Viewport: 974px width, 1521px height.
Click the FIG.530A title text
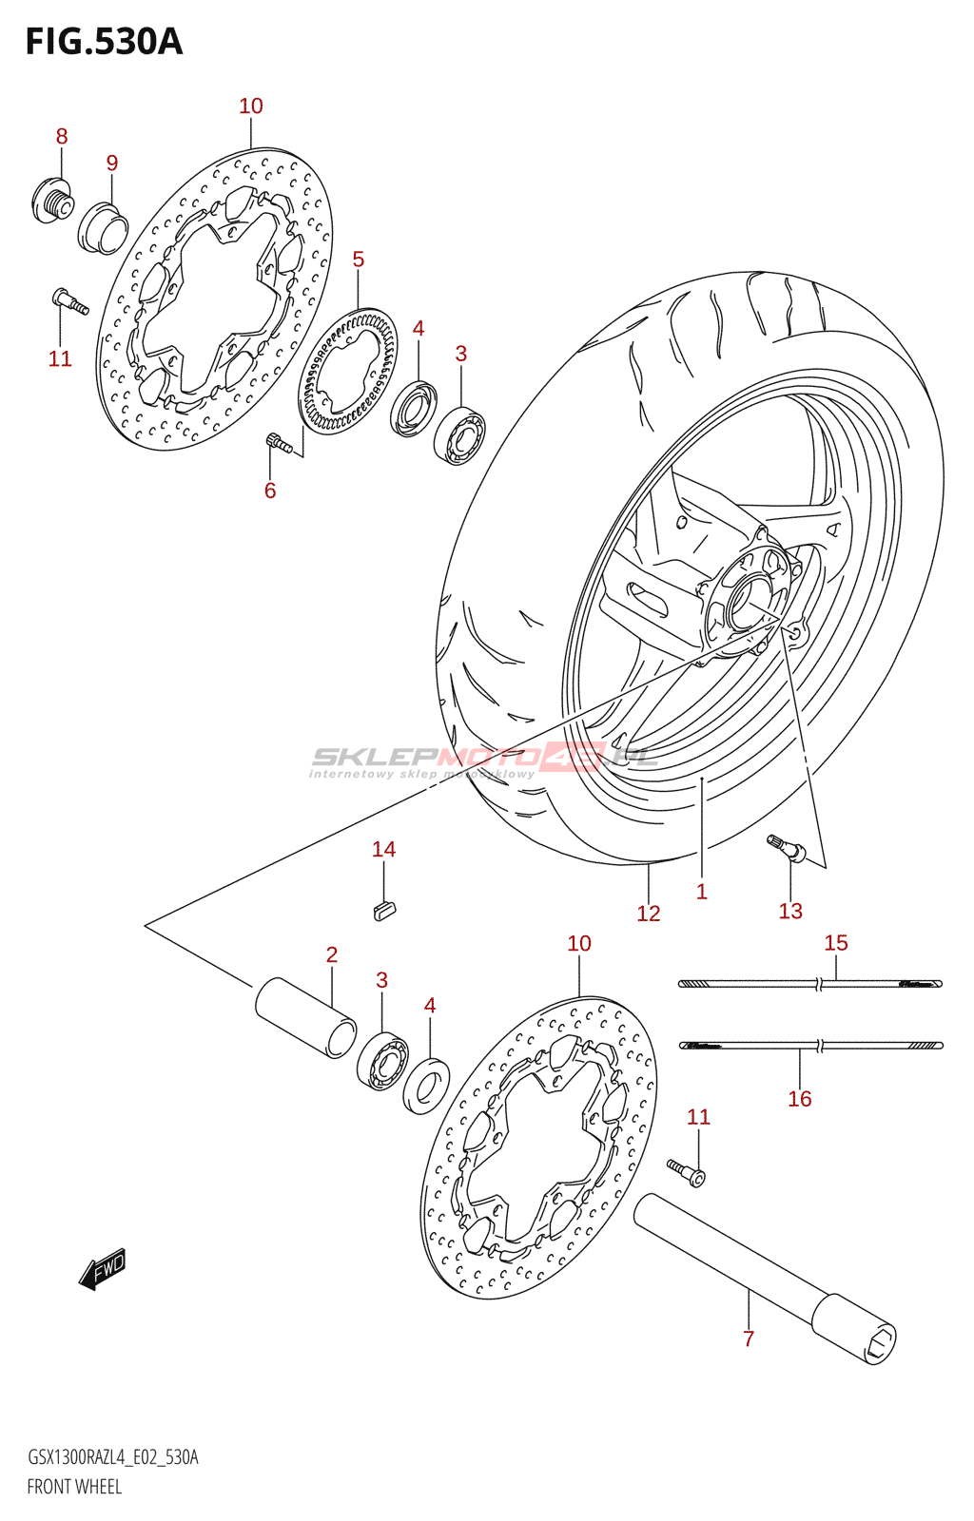click(x=104, y=42)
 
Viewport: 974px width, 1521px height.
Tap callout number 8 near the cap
click(x=62, y=137)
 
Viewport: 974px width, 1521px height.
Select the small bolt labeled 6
click(x=276, y=441)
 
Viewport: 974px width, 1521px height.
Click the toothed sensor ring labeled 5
click(x=347, y=372)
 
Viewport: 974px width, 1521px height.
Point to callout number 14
click(x=383, y=850)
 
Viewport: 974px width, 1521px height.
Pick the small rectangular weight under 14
click(x=384, y=910)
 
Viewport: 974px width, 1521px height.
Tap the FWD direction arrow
click(x=102, y=1268)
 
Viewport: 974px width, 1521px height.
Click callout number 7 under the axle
click(x=749, y=1339)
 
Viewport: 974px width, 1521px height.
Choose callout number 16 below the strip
click(x=799, y=1099)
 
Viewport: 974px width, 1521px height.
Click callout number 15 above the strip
click(x=835, y=943)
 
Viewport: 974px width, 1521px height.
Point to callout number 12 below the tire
click(x=648, y=914)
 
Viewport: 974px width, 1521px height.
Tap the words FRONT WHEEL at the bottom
click(x=74, y=1487)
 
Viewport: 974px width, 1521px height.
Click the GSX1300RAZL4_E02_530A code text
click(x=112, y=1457)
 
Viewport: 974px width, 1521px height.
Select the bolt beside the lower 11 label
click(x=685, y=1170)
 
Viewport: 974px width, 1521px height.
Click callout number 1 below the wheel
click(x=701, y=892)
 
